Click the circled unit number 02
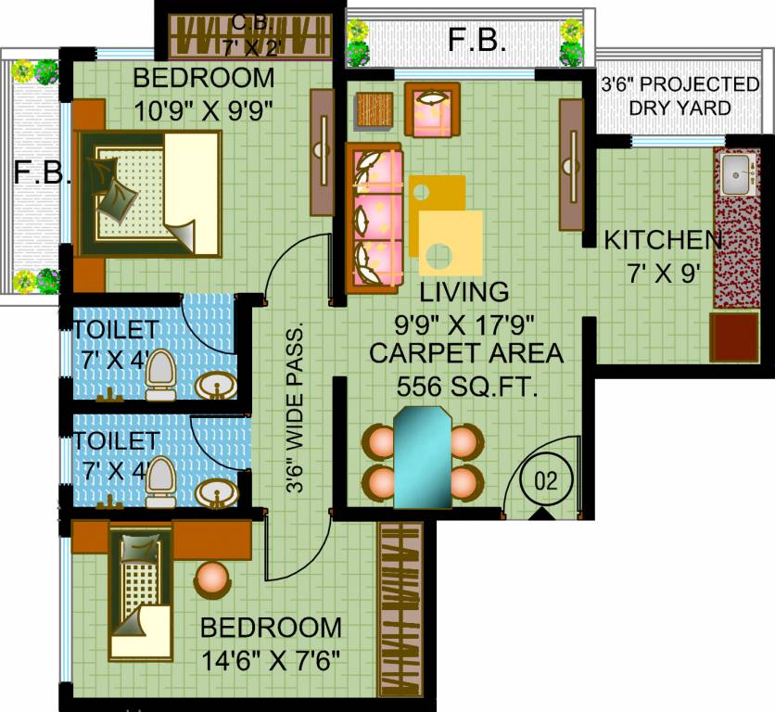(x=546, y=480)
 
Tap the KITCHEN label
(x=663, y=240)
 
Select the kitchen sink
(x=737, y=174)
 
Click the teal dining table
(x=423, y=458)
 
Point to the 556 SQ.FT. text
(x=467, y=387)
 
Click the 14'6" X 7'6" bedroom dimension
(x=272, y=661)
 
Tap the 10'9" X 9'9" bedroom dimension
(x=204, y=110)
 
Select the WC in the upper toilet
(x=160, y=375)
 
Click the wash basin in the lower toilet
(x=217, y=494)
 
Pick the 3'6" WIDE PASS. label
(x=295, y=409)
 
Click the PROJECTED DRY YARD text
(x=680, y=95)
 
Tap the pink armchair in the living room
(x=433, y=109)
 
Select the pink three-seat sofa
(x=374, y=219)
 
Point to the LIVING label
(x=464, y=292)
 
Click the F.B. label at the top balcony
(x=477, y=40)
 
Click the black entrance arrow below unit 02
(x=541, y=515)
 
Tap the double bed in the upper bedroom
(x=147, y=194)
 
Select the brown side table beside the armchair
(x=375, y=110)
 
